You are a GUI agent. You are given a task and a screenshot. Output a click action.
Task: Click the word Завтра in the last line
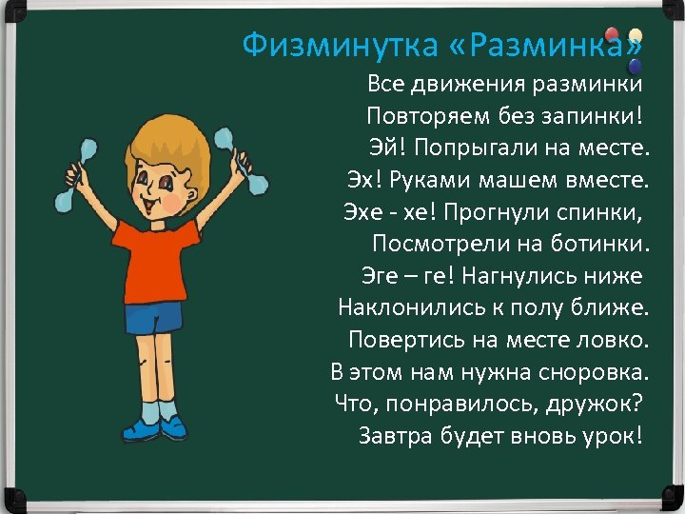[x=397, y=436]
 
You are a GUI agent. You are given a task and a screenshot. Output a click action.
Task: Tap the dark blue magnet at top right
[x=634, y=65]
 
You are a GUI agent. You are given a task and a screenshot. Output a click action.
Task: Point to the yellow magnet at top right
[x=635, y=35]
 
